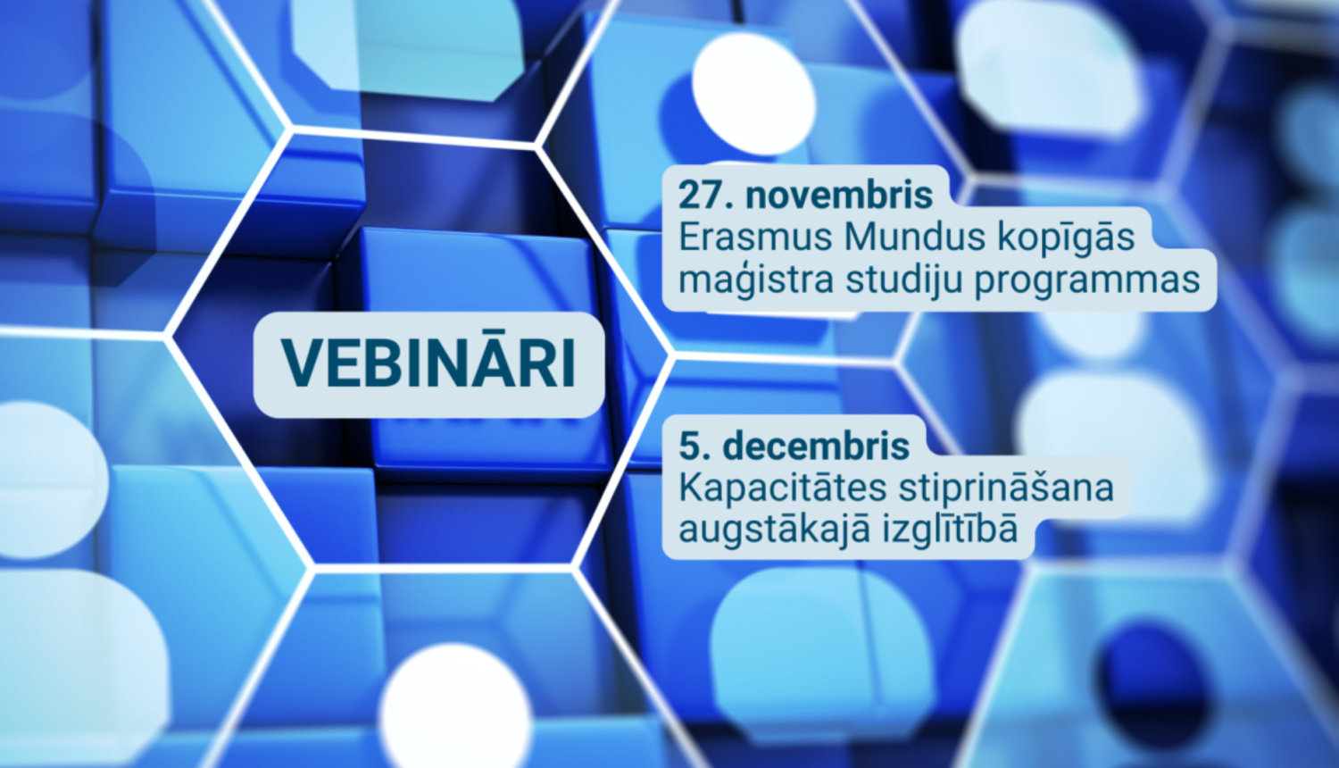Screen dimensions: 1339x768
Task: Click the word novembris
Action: click(839, 196)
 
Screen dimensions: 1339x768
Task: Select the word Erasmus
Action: click(755, 238)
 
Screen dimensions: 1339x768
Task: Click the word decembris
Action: click(816, 447)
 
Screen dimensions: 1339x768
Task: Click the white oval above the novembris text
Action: click(753, 93)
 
